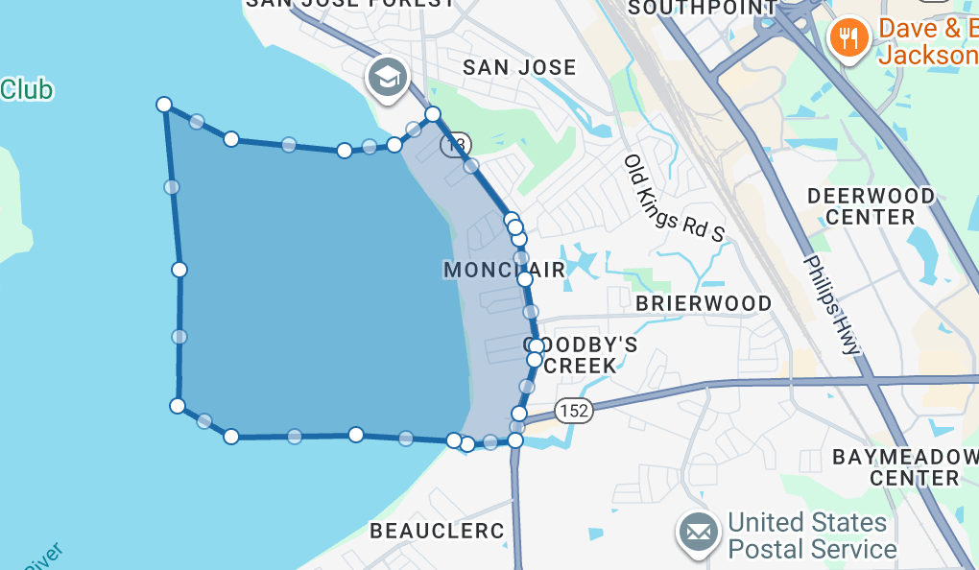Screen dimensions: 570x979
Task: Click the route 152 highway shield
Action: pyautogui.click(x=574, y=411)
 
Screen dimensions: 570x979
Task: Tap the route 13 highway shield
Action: pyautogui.click(x=456, y=145)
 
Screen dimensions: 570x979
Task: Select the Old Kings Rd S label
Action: pyautogui.click(x=675, y=199)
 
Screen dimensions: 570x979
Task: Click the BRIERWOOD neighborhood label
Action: pyautogui.click(x=704, y=304)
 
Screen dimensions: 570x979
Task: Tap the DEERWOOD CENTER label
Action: pyautogui.click(x=871, y=206)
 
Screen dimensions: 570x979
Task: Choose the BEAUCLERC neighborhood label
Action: pyautogui.click(x=437, y=531)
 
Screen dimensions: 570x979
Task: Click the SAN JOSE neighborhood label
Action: pyautogui.click(x=519, y=68)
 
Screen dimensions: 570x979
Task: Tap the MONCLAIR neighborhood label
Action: pyautogui.click(x=504, y=271)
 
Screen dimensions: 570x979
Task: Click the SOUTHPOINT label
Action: pyautogui.click(x=703, y=9)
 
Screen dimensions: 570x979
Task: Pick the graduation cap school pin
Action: pyautogui.click(x=388, y=76)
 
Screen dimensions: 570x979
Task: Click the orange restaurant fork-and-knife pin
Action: pyautogui.click(x=848, y=38)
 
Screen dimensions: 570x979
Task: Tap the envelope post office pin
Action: pyautogui.click(x=698, y=531)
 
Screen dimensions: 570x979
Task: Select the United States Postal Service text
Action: pyautogui.click(x=811, y=536)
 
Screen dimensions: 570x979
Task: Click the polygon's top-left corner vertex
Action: pyautogui.click(x=164, y=104)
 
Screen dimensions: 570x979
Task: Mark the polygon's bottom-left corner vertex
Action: pyautogui.click(x=178, y=406)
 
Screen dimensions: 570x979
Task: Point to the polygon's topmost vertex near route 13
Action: pyautogui.click(x=433, y=114)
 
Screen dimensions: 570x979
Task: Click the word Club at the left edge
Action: pyautogui.click(x=26, y=90)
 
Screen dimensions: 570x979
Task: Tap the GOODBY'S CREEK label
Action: pyautogui.click(x=581, y=354)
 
